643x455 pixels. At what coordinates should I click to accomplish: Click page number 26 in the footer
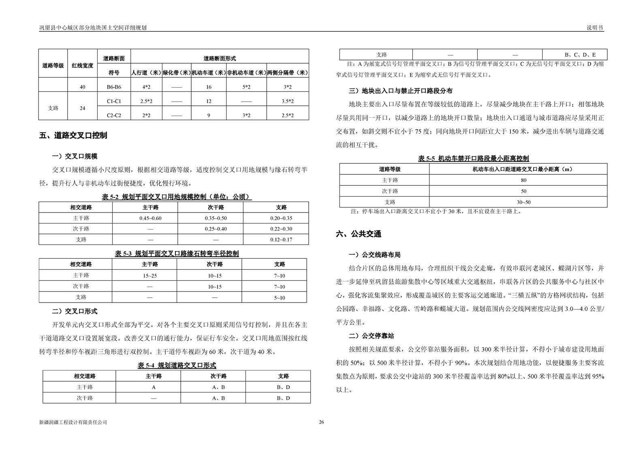coord(321,422)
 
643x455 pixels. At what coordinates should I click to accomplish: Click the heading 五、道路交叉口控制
coord(73,135)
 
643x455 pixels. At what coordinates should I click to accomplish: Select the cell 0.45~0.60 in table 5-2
coord(150,218)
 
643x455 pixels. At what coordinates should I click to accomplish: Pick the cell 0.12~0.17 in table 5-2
coord(281,240)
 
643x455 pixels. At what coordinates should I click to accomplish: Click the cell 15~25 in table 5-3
coord(150,276)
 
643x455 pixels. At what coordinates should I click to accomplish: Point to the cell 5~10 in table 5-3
coord(280,298)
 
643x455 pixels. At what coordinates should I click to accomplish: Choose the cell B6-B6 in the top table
coord(114,87)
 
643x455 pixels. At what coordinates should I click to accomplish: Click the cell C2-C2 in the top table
coord(114,115)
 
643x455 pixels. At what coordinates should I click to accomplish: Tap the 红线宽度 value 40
coord(83,87)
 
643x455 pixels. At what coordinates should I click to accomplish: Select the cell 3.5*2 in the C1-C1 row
coord(288,101)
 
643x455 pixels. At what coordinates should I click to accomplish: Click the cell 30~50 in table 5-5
coord(523,202)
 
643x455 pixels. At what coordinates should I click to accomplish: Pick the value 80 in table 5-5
coord(523,180)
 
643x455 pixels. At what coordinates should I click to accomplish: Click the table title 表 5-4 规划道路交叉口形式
coord(177,365)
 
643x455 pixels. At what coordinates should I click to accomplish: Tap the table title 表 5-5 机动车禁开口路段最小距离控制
coord(473,159)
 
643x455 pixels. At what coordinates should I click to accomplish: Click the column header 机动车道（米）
coord(209,73)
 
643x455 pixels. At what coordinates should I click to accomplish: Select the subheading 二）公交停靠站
coord(372,336)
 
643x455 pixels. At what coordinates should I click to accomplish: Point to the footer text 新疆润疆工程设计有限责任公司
coord(73,422)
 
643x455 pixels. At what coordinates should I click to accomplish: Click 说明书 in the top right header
coord(595,28)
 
